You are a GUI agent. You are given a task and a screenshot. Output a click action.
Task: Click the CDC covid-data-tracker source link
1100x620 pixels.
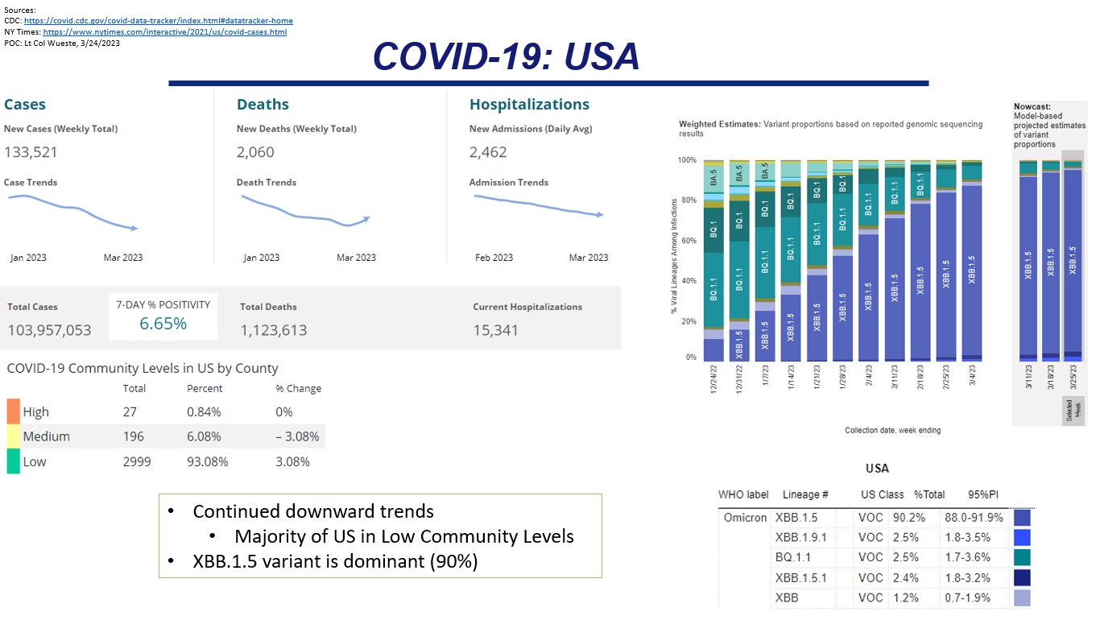point(158,21)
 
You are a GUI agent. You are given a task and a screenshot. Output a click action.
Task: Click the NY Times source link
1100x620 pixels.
point(164,32)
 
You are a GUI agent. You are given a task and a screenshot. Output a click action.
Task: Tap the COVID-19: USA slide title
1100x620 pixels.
point(507,56)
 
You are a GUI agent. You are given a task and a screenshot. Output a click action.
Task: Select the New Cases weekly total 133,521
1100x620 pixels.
point(31,152)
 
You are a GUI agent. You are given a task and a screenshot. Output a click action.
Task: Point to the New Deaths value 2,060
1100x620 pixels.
point(255,152)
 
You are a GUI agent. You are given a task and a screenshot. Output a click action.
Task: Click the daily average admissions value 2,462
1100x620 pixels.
point(488,152)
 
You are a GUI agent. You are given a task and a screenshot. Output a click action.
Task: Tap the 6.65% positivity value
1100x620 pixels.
point(163,324)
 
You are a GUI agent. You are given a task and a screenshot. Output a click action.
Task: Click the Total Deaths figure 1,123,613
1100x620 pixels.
point(273,330)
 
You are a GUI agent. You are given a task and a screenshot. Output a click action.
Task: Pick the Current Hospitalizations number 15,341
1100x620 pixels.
point(495,330)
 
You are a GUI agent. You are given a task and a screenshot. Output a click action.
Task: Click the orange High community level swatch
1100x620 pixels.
point(13,411)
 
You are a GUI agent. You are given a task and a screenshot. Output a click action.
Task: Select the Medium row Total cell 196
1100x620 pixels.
point(134,436)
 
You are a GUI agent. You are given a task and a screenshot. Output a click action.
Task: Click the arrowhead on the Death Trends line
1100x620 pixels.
point(366,217)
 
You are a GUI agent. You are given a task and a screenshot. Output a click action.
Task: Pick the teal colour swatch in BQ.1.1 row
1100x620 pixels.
point(1022,557)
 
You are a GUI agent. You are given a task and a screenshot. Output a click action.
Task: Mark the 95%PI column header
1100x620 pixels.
point(984,494)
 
